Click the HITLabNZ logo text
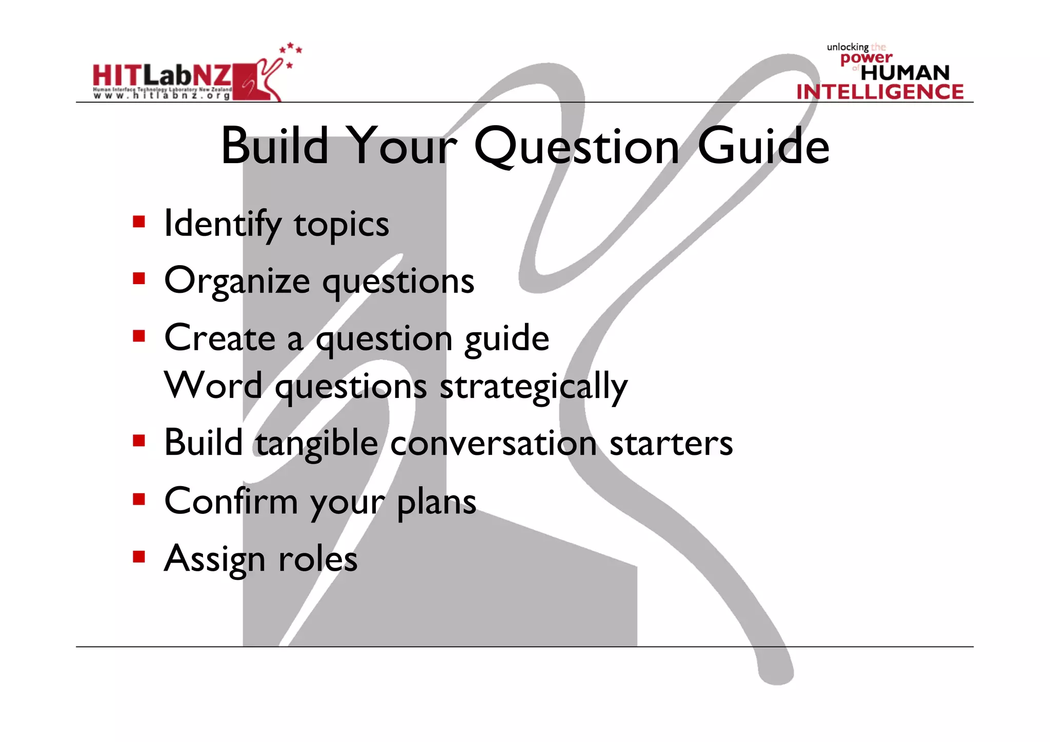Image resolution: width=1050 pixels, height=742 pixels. click(162, 76)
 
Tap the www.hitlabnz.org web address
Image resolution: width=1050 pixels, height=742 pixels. click(162, 96)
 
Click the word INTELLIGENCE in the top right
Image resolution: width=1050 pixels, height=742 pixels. click(880, 92)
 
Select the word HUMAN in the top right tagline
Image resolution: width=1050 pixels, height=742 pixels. click(905, 72)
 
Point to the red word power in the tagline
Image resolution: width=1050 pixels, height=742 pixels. click(866, 58)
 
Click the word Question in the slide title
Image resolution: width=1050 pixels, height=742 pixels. click(577, 147)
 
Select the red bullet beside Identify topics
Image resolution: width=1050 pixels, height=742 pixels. click(139, 222)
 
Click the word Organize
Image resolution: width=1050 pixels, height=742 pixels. click(237, 282)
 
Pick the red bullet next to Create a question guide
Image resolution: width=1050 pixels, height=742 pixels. click(139, 336)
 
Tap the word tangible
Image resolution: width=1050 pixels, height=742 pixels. click(317, 444)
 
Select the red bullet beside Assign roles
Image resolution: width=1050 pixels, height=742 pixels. click(139, 556)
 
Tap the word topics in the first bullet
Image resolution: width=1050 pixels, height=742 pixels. click(341, 226)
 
